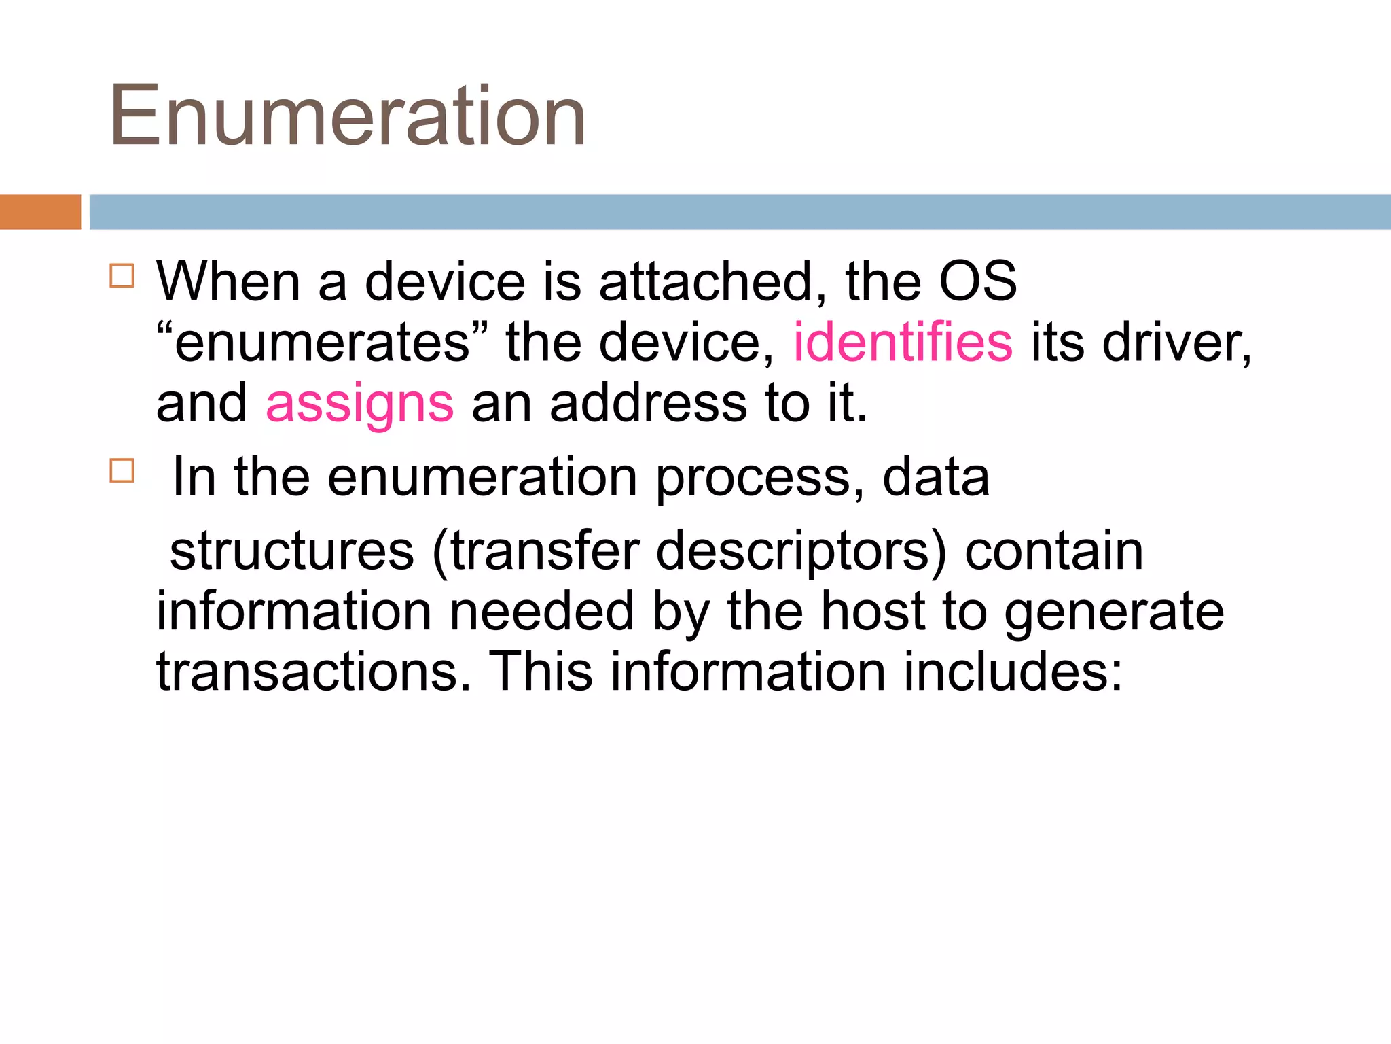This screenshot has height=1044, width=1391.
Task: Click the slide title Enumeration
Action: pyautogui.click(x=347, y=116)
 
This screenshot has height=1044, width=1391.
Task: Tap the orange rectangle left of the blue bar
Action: pyautogui.click(x=40, y=212)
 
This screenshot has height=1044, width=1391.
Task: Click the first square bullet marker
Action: pyautogui.click(x=122, y=276)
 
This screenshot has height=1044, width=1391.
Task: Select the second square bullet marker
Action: pyautogui.click(x=122, y=470)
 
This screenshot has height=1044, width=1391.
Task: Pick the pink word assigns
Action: pyautogui.click(x=359, y=404)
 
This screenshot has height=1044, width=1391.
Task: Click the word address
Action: pyautogui.click(x=648, y=403)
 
